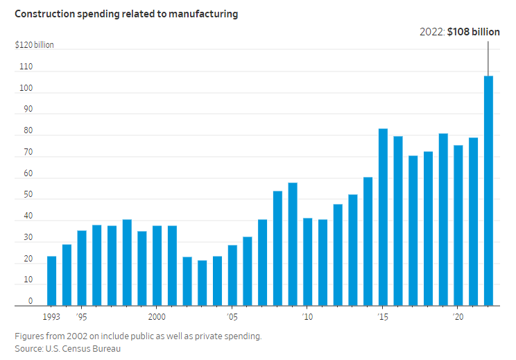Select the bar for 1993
(51, 281)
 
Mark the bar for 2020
(458, 225)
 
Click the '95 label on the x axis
(82, 316)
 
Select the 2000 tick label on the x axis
(156, 316)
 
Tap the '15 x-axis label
(382, 316)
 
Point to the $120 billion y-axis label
(35, 45)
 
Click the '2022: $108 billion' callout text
(460, 32)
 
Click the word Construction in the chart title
(42, 14)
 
